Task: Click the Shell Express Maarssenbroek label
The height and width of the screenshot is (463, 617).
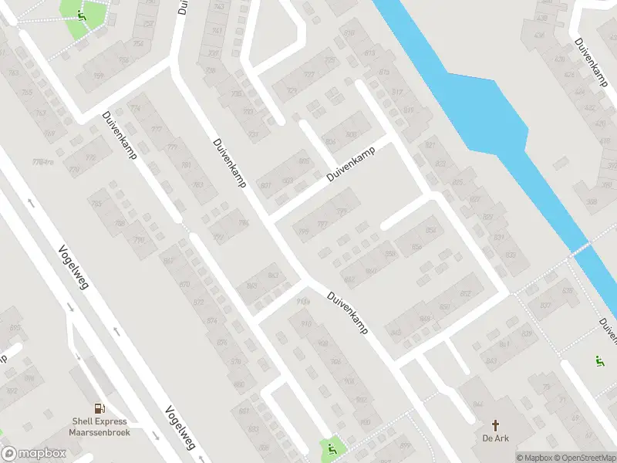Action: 100,427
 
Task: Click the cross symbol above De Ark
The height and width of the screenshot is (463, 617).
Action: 497,424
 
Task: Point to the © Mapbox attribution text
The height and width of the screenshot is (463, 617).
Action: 534,458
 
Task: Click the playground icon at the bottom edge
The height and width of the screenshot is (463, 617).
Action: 332,448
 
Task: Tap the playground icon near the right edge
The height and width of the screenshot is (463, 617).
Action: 598,360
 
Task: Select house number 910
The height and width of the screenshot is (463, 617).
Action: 306,323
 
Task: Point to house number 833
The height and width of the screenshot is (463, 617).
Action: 510,255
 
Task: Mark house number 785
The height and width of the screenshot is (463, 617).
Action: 96,204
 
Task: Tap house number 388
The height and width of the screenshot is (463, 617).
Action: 592,202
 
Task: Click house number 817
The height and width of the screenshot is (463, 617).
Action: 397,92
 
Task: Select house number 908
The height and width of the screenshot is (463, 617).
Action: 322,343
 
